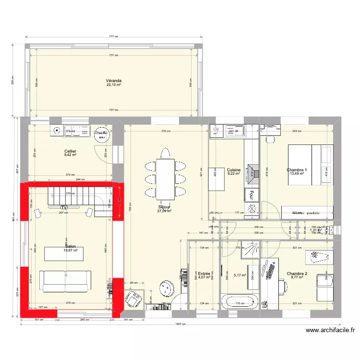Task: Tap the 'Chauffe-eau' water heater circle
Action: tap(101, 135)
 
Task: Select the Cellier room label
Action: tap(71, 151)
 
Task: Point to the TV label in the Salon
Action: tap(64, 207)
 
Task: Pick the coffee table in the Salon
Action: tap(64, 253)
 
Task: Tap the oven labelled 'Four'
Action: tap(250, 194)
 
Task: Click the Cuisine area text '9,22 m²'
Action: tap(234, 174)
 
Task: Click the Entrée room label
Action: tap(204, 273)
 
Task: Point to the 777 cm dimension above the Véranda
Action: tap(114, 36)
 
